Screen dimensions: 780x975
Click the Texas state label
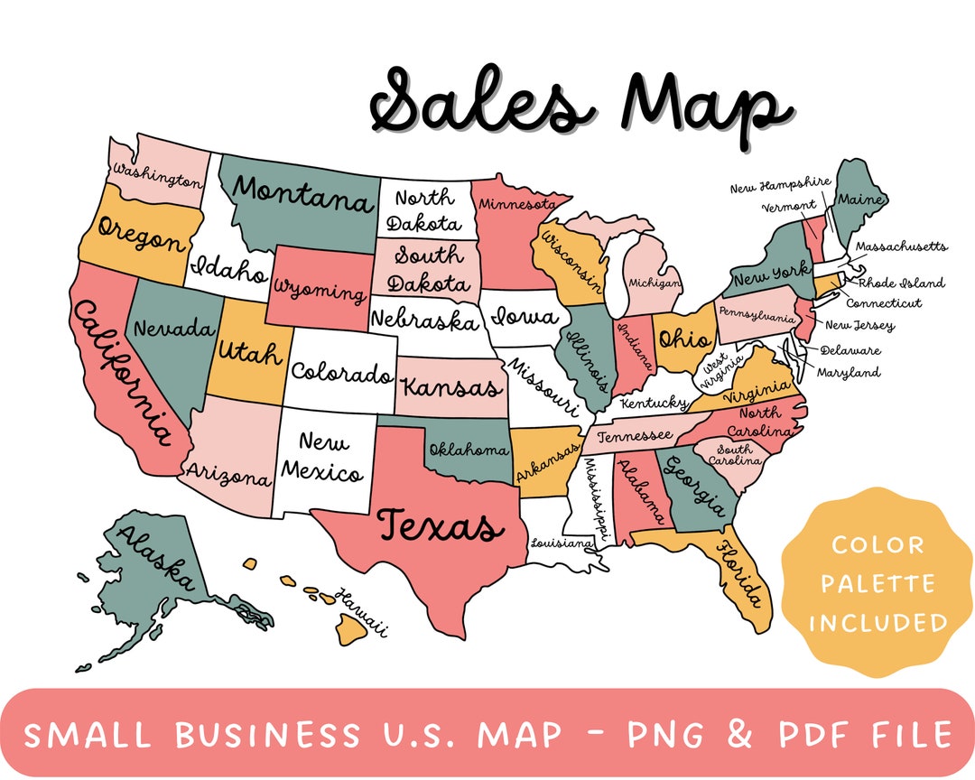435,525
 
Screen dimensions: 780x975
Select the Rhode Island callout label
900,283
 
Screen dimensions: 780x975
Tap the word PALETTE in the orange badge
877,584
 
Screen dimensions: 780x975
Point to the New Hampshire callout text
780,185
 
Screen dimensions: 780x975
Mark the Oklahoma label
469,449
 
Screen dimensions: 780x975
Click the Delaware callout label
850,350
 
